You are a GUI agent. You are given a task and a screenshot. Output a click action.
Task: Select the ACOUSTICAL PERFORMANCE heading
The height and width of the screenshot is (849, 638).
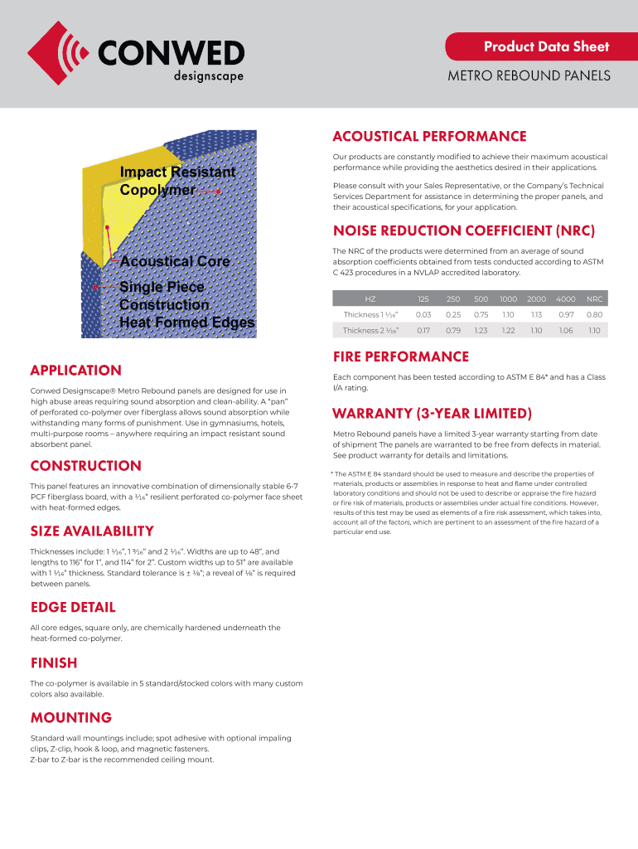[x=429, y=136]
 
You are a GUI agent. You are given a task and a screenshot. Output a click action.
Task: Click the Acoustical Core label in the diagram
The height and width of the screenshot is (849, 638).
[x=174, y=262]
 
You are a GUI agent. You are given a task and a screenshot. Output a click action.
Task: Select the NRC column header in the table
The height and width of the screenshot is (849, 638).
[x=594, y=298]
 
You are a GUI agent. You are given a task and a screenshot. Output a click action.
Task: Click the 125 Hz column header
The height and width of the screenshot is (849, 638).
[x=423, y=298]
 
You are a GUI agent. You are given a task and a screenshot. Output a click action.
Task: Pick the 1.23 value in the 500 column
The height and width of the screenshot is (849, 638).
[x=481, y=330]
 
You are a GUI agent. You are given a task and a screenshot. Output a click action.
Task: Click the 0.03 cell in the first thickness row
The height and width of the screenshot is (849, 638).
[x=423, y=314]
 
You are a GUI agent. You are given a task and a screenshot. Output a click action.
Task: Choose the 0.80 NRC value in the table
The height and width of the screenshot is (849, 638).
[x=594, y=314]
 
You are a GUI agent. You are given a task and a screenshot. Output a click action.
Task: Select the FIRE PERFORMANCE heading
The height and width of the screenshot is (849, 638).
[x=401, y=357]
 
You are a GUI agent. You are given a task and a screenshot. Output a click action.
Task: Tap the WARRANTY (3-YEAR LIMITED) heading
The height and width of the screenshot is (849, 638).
[x=432, y=414]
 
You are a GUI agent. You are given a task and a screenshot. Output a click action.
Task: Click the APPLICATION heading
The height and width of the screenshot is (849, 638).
[x=76, y=371]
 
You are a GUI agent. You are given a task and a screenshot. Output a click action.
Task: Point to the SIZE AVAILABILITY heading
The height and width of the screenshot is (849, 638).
[x=92, y=531]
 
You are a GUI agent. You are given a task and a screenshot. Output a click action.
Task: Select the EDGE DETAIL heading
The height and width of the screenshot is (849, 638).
[x=73, y=608]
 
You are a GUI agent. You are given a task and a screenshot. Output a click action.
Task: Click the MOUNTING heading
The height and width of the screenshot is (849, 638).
[x=71, y=717]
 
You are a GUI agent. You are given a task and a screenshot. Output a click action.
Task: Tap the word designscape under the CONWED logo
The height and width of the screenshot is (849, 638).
[x=208, y=76]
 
